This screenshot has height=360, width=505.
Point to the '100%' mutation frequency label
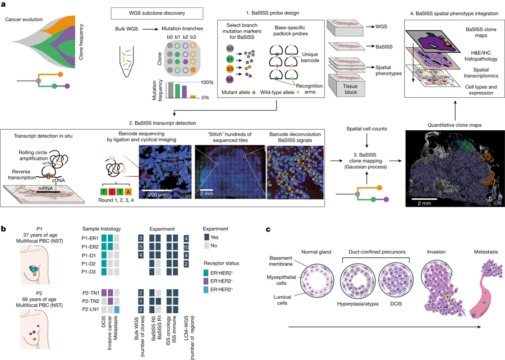tap(206, 83)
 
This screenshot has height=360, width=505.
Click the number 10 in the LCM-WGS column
tap(185, 246)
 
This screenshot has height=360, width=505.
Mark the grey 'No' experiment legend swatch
tap(206, 247)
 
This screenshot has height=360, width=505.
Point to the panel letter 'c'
tap(269, 230)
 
